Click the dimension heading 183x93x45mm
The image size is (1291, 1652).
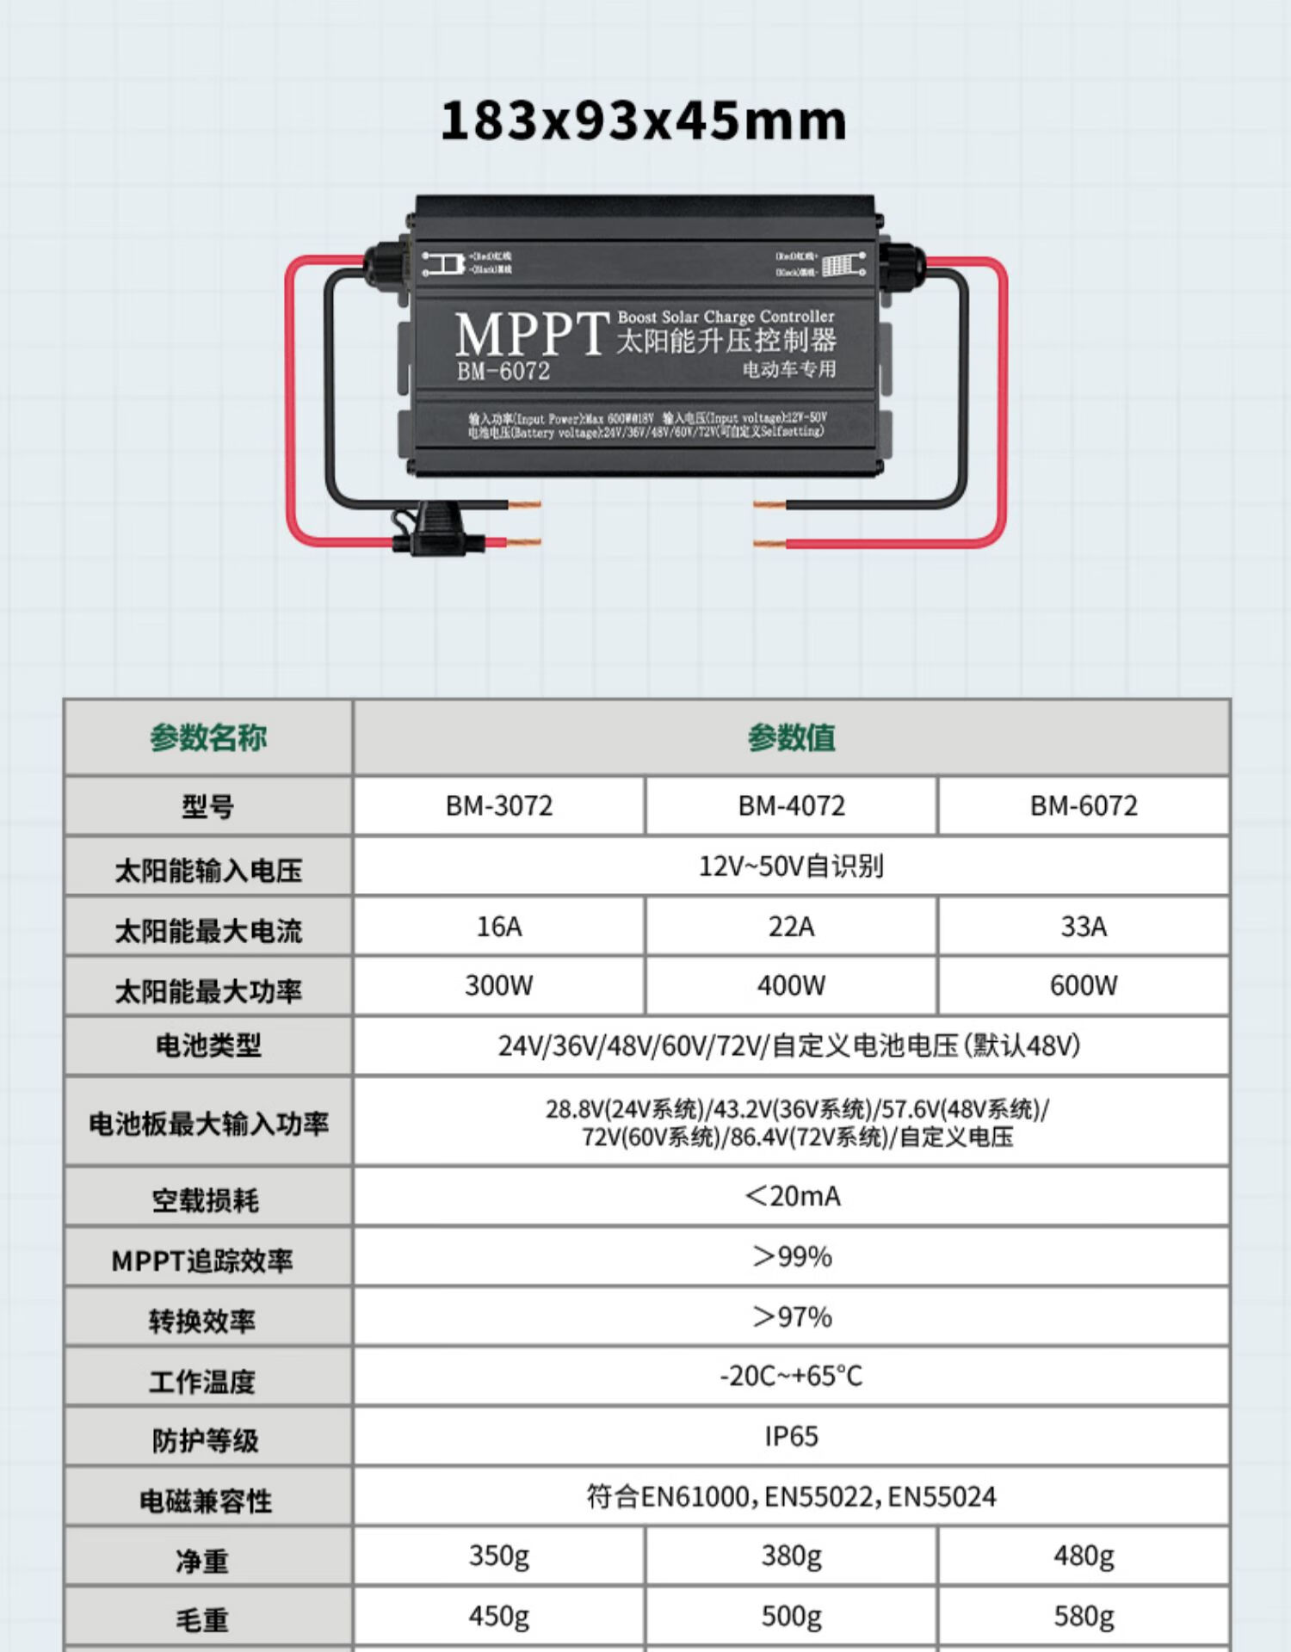pyautogui.click(x=644, y=120)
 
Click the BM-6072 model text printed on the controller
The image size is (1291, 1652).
pyautogui.click(x=503, y=371)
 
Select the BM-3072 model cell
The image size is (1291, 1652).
pyautogui.click(x=499, y=805)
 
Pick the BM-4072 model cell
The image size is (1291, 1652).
pyautogui.click(x=791, y=805)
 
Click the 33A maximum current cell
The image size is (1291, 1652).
pyautogui.click(x=1083, y=926)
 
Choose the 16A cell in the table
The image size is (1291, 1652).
pyautogui.click(x=499, y=926)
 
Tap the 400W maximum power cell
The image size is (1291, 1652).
pyautogui.click(x=791, y=985)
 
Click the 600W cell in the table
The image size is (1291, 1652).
pyautogui.click(x=1083, y=985)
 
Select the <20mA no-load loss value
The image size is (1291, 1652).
pyautogui.click(x=792, y=1196)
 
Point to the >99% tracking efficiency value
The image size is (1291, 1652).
pyautogui.click(x=792, y=1256)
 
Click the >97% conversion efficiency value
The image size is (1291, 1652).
pyautogui.click(x=792, y=1316)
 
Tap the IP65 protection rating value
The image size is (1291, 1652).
pyautogui.click(x=791, y=1436)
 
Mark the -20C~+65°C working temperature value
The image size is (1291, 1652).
pyautogui.click(x=791, y=1376)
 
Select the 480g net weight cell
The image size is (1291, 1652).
pyautogui.click(x=1083, y=1556)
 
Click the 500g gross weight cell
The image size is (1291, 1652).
pyautogui.click(x=791, y=1616)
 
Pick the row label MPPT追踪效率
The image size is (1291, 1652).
pyautogui.click(x=202, y=1261)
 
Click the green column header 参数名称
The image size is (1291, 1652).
pyautogui.click(x=208, y=737)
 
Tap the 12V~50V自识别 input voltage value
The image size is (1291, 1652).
pyautogui.click(x=791, y=866)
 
